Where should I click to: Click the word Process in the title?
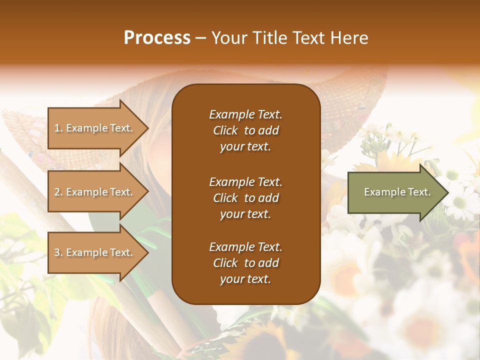click(x=157, y=37)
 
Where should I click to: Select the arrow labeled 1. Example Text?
click(x=95, y=128)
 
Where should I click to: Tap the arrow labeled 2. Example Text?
click(x=95, y=192)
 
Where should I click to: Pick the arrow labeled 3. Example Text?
click(x=95, y=252)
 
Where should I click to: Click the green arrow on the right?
click(x=395, y=192)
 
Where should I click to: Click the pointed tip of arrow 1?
click(x=147, y=128)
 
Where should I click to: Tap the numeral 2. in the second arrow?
click(x=58, y=192)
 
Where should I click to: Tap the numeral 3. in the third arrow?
click(x=58, y=252)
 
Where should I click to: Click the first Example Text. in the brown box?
click(x=245, y=114)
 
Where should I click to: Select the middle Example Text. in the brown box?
click(x=245, y=182)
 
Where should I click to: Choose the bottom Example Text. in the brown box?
click(x=245, y=247)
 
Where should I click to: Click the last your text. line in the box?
click(x=245, y=279)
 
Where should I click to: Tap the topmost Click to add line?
click(x=245, y=130)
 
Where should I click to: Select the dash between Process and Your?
click(x=201, y=38)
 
